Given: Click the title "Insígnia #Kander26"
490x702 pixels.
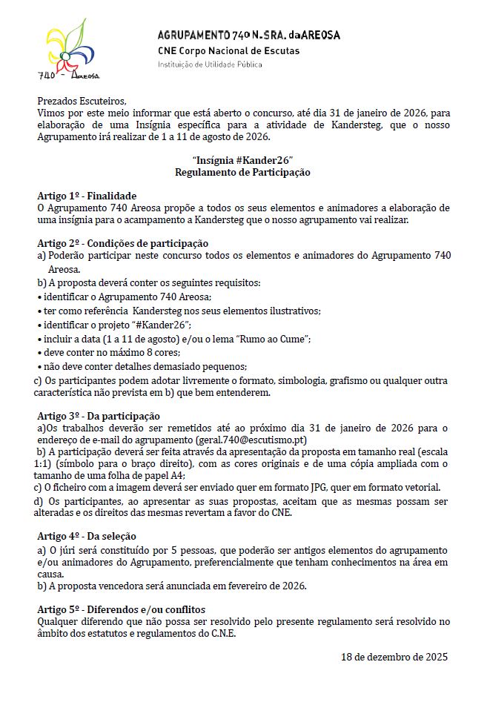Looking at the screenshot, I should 242,160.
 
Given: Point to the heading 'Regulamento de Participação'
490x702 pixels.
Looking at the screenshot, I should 242,172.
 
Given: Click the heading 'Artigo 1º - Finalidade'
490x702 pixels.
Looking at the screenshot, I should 87,196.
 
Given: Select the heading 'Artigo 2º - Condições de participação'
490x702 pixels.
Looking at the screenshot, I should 122,243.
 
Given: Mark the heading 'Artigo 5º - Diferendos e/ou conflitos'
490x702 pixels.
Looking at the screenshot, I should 121,609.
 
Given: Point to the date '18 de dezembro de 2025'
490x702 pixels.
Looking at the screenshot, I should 394,657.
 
